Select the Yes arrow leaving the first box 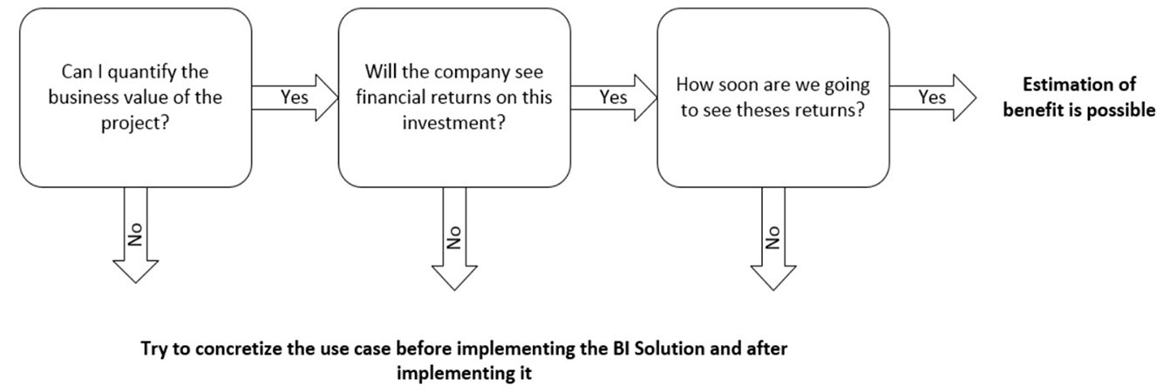coord(295,98)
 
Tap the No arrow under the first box coord(135,233)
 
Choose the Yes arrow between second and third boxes coord(614,98)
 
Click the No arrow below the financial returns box coord(454,233)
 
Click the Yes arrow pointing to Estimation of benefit coord(933,98)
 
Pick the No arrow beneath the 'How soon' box coord(773,233)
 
